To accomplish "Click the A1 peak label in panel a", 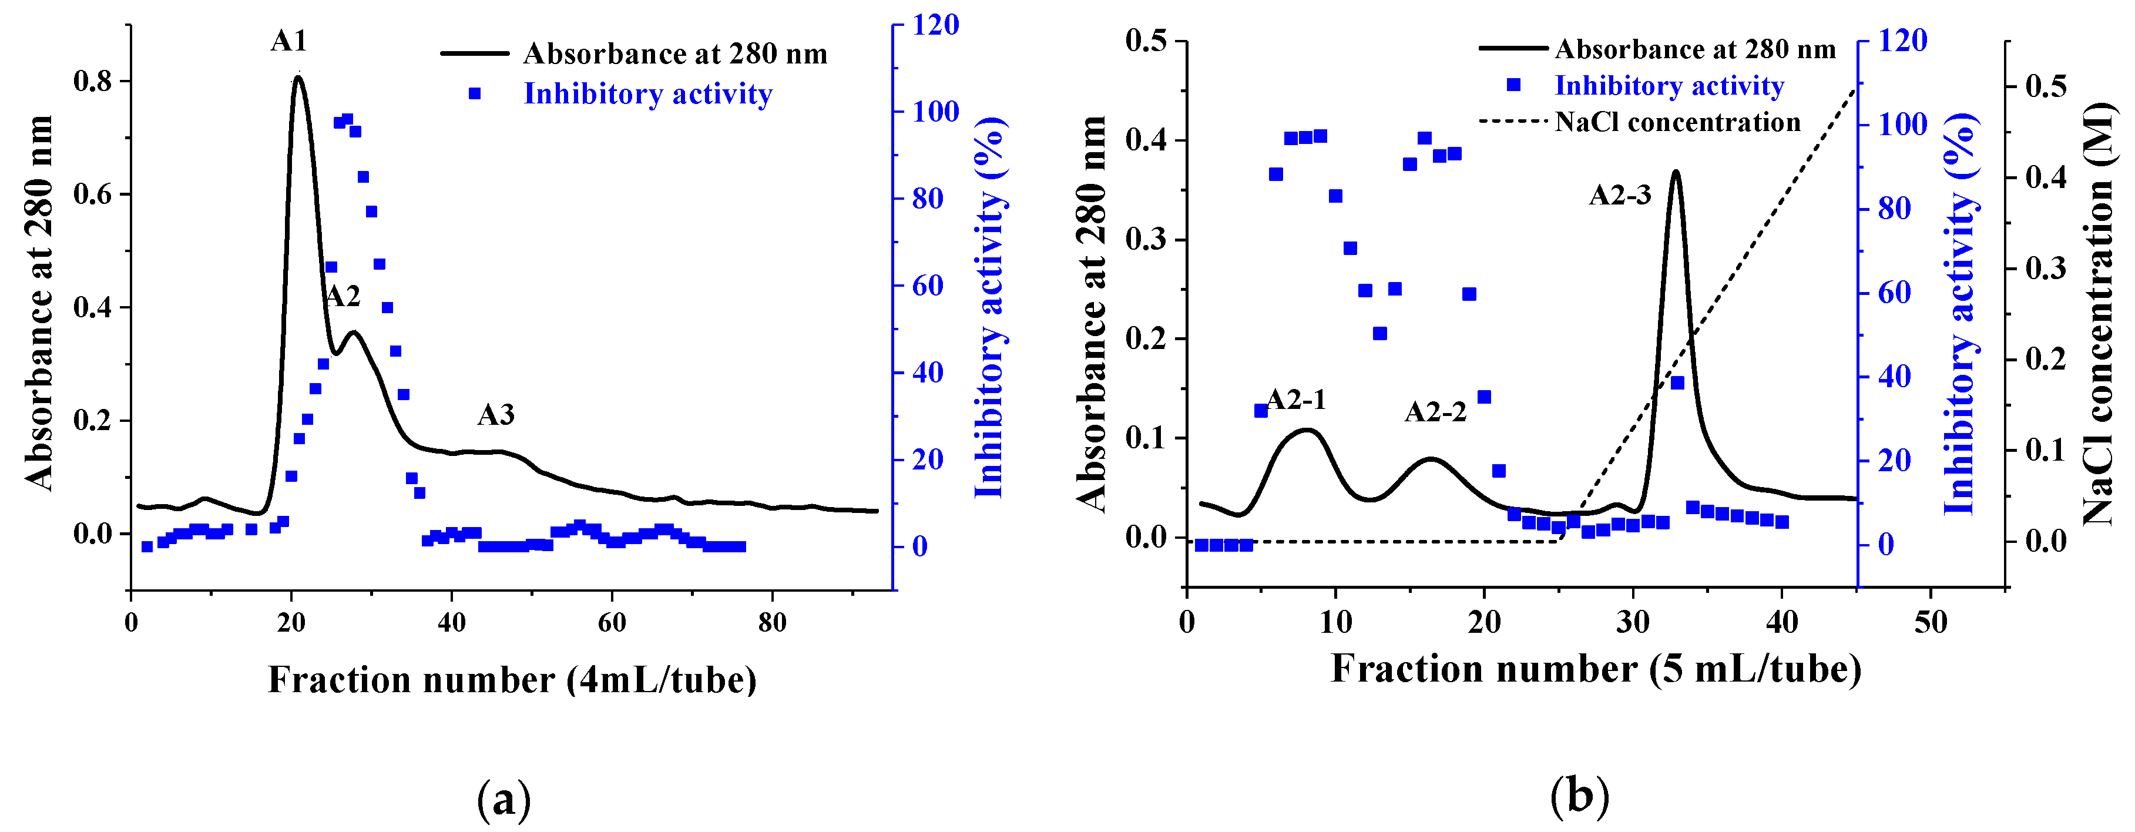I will (x=288, y=42).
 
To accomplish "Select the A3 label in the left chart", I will (x=496, y=414).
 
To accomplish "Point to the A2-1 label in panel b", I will (x=1295, y=400).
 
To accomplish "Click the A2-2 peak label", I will (x=1435, y=412).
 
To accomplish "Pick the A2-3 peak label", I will (x=1620, y=196).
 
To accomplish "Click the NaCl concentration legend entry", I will (x=1677, y=123).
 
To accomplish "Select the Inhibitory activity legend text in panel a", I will (x=647, y=93).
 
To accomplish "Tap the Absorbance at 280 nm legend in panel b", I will (x=1694, y=50).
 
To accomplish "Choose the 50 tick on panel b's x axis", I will (x=1931, y=622).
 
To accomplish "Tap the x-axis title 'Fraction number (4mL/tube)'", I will (x=511, y=680).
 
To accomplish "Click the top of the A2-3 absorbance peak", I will (x=1676, y=172).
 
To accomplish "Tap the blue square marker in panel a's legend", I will (x=475, y=93).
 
